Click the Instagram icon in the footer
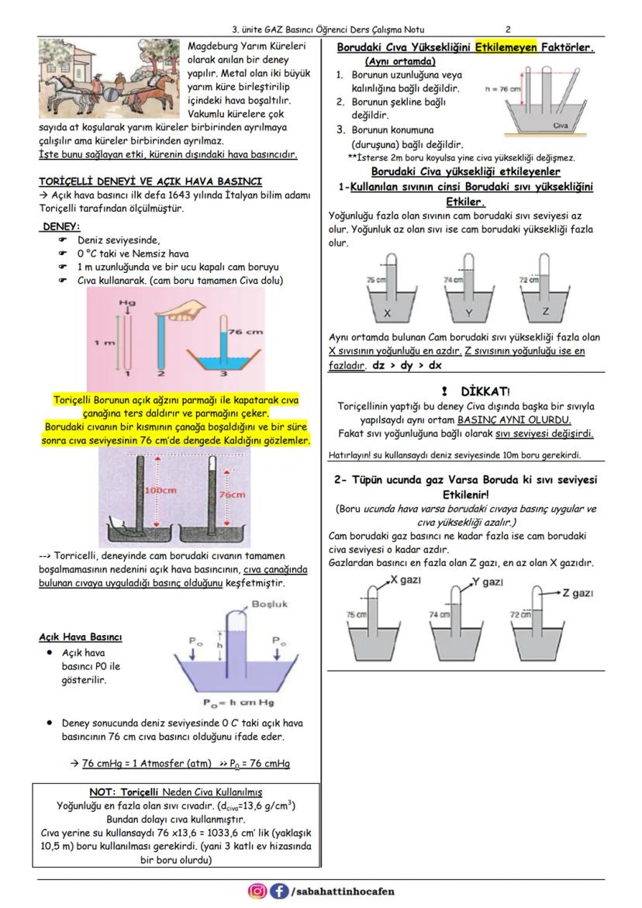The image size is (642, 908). pyautogui.click(x=257, y=891)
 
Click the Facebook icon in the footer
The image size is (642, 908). pyautogui.click(x=278, y=891)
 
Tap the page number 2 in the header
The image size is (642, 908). pyautogui.click(x=507, y=30)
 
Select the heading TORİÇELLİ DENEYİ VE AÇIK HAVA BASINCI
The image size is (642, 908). pyautogui.click(x=155, y=181)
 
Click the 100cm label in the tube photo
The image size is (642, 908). pyautogui.click(x=160, y=491)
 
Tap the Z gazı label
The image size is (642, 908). pyautogui.click(x=577, y=592)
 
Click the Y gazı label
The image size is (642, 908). pyautogui.click(x=487, y=582)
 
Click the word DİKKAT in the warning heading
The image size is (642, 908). pyautogui.click(x=485, y=392)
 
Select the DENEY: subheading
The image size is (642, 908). pyautogui.click(x=60, y=226)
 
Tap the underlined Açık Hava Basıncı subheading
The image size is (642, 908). pyautogui.click(x=80, y=637)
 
